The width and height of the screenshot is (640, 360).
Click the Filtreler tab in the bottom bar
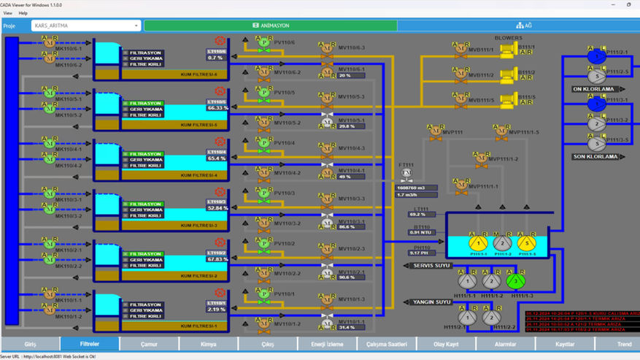click(x=89, y=344)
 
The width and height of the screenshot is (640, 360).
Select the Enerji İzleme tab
click(x=326, y=344)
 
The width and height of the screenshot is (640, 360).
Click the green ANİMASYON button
click(x=270, y=26)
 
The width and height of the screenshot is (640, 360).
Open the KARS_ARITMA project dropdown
click(x=85, y=26)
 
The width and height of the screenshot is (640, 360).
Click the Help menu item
click(x=23, y=13)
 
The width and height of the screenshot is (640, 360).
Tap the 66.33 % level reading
click(x=217, y=107)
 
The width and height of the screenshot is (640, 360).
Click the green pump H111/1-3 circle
click(x=515, y=280)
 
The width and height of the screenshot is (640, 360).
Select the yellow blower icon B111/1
click(x=524, y=48)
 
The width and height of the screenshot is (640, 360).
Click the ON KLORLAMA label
click(x=595, y=89)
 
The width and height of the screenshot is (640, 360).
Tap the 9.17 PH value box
click(x=422, y=253)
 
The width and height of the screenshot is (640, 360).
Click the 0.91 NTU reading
click(x=422, y=233)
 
